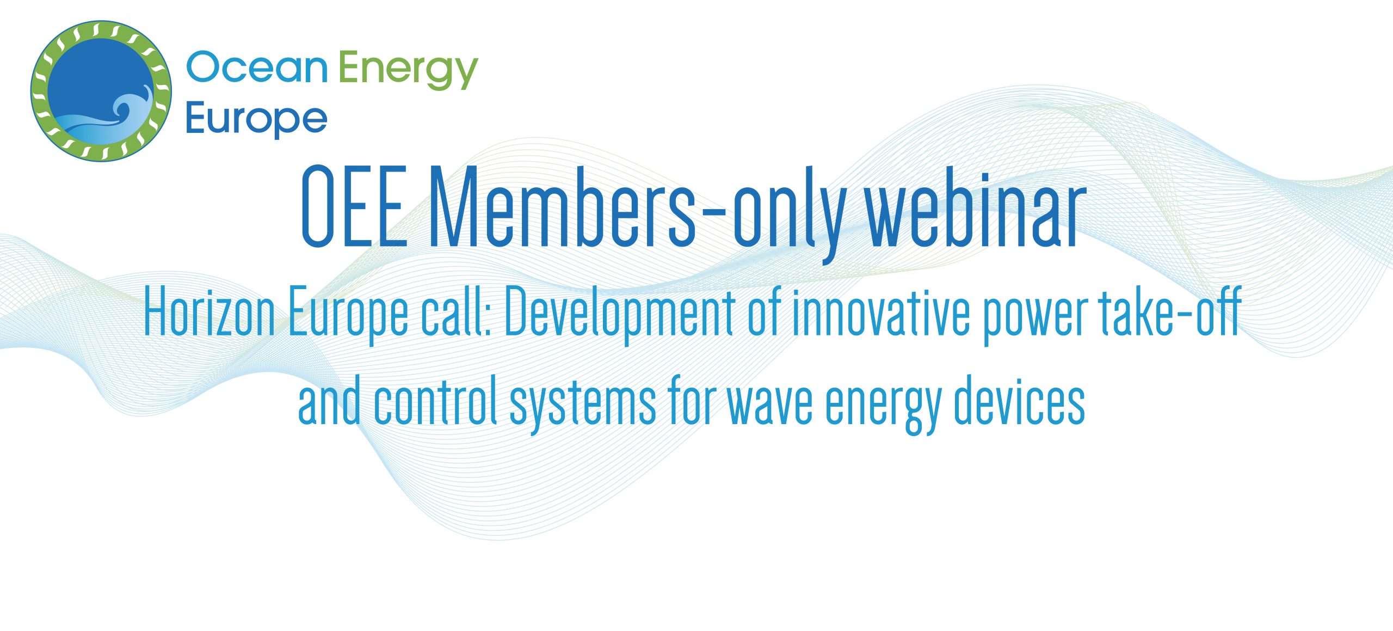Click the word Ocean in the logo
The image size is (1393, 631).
point(256,68)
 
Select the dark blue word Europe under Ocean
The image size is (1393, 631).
point(256,120)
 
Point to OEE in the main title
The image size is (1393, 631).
point(354,207)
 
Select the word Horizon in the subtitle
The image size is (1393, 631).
point(209,313)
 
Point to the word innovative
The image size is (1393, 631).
point(880,313)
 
